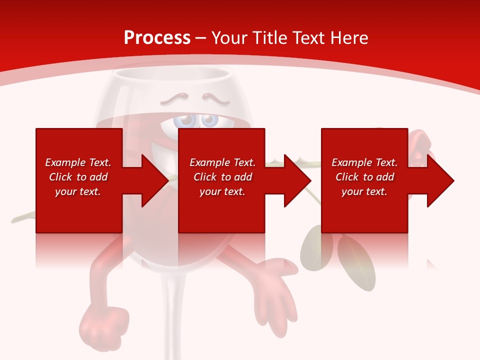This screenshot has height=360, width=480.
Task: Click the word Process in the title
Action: tap(157, 38)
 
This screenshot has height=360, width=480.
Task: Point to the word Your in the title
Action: tap(228, 38)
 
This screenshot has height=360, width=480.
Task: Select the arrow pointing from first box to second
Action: tap(147, 180)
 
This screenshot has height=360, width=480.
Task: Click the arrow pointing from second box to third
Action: tap(290, 180)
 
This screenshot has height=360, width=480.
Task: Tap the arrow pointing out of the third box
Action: tap(432, 180)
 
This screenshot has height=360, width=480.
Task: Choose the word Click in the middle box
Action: tap(205, 177)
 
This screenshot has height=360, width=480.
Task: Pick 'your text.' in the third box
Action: tap(364, 191)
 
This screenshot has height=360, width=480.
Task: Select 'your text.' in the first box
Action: tap(78, 191)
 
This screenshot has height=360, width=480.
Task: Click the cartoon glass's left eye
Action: tap(186, 121)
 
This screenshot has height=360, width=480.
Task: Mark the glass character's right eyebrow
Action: tap(216, 97)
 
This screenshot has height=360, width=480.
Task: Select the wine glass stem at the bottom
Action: tap(172, 320)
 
